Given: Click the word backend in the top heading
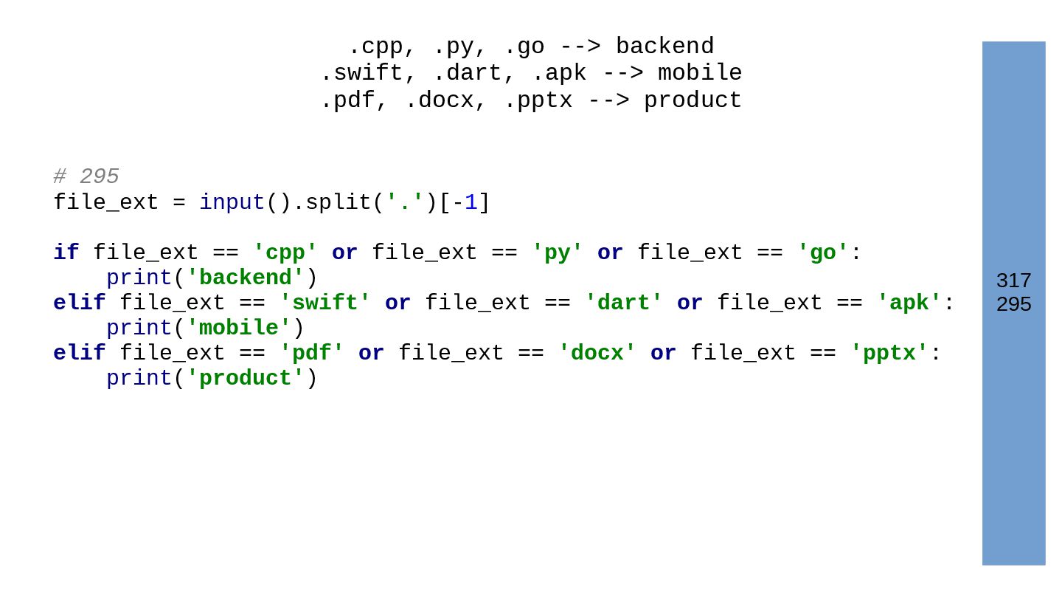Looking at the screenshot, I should click(664, 47).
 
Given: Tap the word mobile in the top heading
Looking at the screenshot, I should click(700, 73).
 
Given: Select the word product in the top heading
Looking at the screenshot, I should click(693, 100).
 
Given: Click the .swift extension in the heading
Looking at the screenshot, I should click(361, 73).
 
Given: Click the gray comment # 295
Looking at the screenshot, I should click(86, 176).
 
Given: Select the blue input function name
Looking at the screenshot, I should click(232, 202).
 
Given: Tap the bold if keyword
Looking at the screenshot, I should click(66, 252).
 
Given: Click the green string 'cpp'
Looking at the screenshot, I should click(285, 252).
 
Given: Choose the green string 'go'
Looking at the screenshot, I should click(823, 252).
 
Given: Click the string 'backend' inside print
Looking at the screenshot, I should click(245, 278).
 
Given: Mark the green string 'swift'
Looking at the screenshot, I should click(325, 303).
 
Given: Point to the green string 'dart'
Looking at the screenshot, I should click(624, 303).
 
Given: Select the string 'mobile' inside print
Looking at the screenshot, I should click(238, 329).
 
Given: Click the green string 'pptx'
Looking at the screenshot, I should click(889, 354).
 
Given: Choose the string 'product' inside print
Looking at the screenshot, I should click(245, 379).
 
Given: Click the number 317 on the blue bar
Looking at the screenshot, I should click(1013, 281).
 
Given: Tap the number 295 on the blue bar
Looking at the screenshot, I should click(1013, 304).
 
